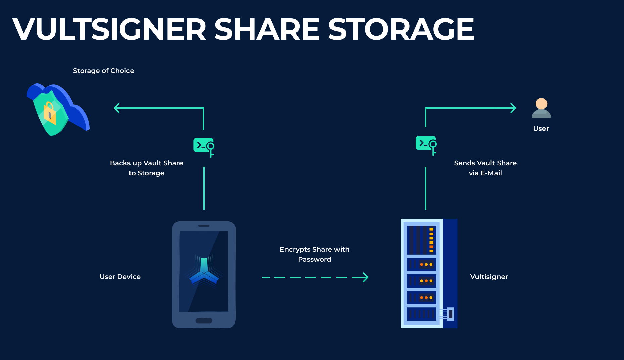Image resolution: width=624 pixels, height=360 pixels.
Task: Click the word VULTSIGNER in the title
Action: pyautogui.click(x=109, y=30)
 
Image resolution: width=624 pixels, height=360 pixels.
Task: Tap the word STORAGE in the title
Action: pyautogui.click(x=401, y=30)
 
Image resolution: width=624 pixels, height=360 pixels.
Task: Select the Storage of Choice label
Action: pyautogui.click(x=103, y=71)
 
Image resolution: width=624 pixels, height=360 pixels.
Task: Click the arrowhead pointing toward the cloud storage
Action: pyautogui.click(x=116, y=108)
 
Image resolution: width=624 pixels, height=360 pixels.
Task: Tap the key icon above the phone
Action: pyautogui.click(x=204, y=147)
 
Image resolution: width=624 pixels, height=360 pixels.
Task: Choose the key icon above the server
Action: pyautogui.click(x=426, y=145)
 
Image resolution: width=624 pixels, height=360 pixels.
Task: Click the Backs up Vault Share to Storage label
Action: pyautogui.click(x=147, y=168)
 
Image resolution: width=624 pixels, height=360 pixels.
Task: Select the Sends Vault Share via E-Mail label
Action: pyautogui.click(x=485, y=168)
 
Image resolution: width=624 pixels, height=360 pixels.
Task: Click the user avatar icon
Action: pyautogui.click(x=541, y=108)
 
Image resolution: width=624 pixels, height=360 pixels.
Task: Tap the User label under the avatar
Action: pyautogui.click(x=541, y=128)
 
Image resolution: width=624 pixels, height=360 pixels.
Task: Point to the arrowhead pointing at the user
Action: pyautogui.click(x=513, y=108)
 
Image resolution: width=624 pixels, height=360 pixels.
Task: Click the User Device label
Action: pyautogui.click(x=120, y=277)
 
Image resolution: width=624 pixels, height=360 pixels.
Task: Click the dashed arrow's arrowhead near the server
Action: pyautogui.click(x=365, y=277)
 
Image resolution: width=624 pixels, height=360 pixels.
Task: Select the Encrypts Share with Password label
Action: pyautogui.click(x=314, y=254)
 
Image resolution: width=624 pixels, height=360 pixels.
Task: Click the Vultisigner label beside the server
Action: pyautogui.click(x=489, y=277)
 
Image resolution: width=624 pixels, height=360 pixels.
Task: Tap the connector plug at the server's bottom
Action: pyautogui.click(x=450, y=314)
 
